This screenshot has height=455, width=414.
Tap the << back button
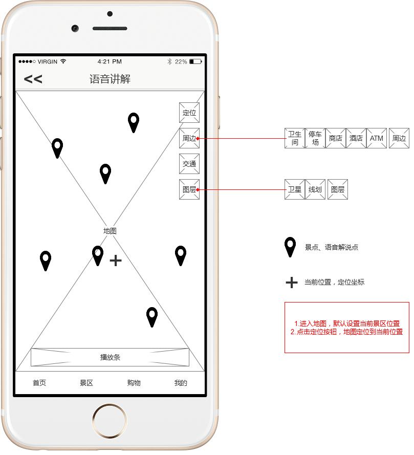[x=33, y=79]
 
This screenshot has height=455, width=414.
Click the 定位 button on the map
[x=189, y=113]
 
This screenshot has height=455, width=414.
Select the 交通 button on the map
[x=189, y=164]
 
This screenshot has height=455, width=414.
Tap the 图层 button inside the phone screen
[x=189, y=189]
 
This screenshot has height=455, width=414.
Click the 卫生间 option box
[x=295, y=138]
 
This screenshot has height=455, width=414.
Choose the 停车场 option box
[x=315, y=138]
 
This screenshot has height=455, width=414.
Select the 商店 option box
[x=336, y=138]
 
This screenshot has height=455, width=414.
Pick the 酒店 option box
[x=356, y=138]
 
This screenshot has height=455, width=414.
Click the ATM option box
[x=377, y=138]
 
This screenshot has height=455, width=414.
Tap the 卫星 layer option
[x=295, y=189]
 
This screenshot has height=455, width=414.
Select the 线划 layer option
[x=315, y=189]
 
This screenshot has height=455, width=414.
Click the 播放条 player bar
[x=110, y=357]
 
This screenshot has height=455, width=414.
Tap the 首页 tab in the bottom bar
[x=39, y=383]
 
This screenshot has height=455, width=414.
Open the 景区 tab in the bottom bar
[x=86, y=383]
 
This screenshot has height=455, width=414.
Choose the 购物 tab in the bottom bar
[x=134, y=383]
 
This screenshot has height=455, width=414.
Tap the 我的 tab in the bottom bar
[x=181, y=383]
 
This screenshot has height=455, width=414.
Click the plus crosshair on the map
[x=116, y=261]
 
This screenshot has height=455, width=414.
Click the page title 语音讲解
[x=110, y=79]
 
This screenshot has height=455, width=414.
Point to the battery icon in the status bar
[x=195, y=61]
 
